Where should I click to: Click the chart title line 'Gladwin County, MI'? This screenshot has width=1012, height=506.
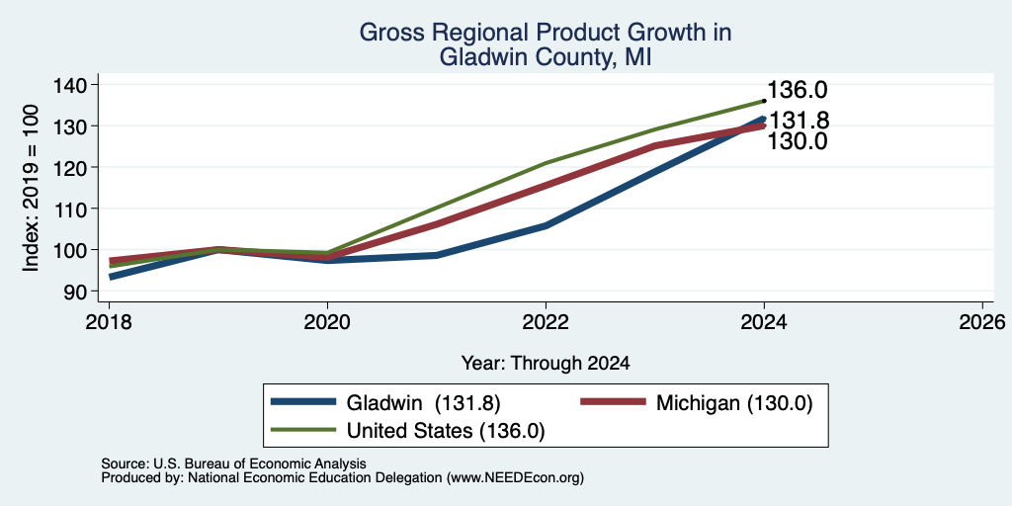tap(546, 57)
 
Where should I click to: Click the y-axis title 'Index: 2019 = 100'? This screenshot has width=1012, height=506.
tap(31, 188)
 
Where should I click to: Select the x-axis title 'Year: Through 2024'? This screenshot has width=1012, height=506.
tap(546, 364)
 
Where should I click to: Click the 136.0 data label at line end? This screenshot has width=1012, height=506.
tap(798, 90)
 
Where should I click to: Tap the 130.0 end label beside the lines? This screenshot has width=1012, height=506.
tap(798, 140)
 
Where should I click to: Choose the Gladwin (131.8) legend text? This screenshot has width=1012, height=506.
tap(423, 403)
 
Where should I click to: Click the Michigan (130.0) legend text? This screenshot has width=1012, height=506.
tap(734, 403)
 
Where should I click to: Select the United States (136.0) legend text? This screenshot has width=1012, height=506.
tap(446, 431)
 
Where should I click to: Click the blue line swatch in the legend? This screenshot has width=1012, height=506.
tap(303, 401)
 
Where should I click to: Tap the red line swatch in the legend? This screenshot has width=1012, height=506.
tap(613, 401)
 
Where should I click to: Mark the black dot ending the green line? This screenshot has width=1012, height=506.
tap(764, 101)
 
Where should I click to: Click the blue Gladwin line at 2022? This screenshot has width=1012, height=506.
tap(546, 226)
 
